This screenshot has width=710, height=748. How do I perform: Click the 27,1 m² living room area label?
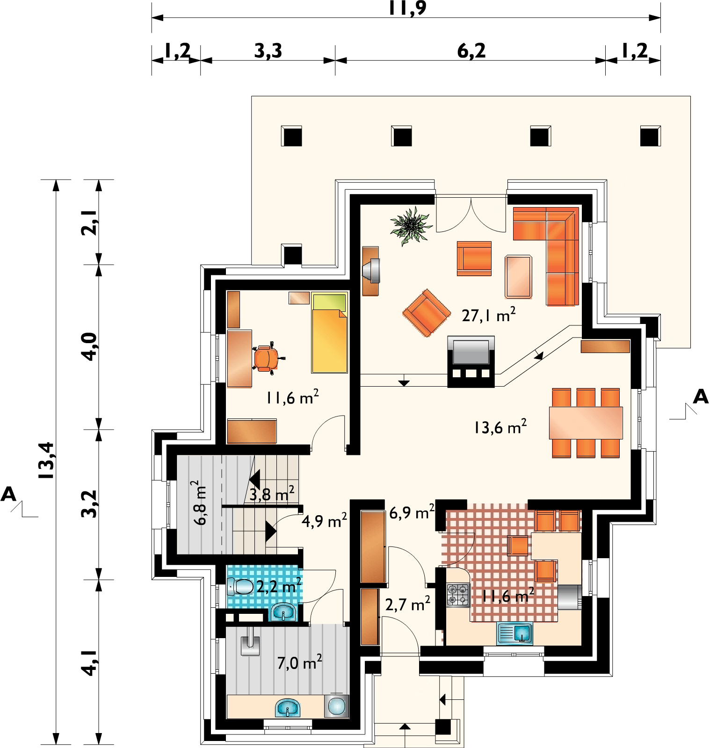pos(489,316)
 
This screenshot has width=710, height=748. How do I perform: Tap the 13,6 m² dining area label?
pos(500,426)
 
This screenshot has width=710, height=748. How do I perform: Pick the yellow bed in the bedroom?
pos(330,332)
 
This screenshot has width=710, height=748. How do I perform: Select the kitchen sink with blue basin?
pos(514,633)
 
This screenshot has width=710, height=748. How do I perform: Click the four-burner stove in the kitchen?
pos(458,595)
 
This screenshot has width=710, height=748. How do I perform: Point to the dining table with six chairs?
pos(586,423)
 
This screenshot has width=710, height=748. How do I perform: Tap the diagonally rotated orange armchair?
pos(425,312)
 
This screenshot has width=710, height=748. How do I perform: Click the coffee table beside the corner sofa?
pos(518,276)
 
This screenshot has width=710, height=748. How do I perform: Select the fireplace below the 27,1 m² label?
pos(471,361)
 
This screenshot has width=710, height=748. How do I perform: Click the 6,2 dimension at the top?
pos(471,51)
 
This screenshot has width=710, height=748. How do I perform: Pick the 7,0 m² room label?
pos(299,662)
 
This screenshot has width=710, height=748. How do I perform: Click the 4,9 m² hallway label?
pos(324,520)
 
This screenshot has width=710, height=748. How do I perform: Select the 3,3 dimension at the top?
pos(268,51)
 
